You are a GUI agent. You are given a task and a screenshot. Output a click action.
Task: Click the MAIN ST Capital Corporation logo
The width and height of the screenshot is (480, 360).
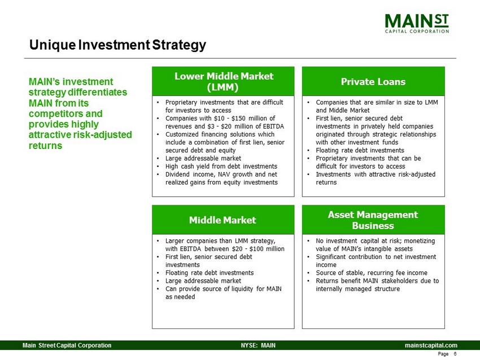(417, 23)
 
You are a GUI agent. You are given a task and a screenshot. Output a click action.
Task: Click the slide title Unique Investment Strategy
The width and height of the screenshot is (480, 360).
(117, 45)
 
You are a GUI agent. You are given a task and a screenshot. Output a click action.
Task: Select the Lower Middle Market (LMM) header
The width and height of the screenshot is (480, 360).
(223, 81)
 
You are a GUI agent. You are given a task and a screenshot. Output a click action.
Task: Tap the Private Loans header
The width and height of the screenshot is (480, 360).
(373, 81)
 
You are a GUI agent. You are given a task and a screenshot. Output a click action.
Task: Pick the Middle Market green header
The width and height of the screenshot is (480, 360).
(223, 220)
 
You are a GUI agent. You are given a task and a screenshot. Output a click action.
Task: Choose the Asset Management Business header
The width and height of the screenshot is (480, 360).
(373, 220)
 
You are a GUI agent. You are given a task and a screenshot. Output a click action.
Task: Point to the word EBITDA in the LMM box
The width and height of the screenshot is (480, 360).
(274, 126)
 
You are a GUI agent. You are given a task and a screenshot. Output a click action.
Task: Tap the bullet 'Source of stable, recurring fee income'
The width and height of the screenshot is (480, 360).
(372, 273)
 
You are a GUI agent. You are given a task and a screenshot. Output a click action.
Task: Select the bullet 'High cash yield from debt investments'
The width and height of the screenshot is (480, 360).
(221, 166)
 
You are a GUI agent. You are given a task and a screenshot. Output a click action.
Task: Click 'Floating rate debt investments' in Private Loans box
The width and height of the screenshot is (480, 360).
(360, 151)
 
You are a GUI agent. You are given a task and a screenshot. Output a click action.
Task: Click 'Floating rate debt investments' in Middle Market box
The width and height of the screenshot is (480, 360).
(210, 273)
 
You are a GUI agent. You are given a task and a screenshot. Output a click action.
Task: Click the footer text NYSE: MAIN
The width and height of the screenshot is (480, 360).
(258, 345)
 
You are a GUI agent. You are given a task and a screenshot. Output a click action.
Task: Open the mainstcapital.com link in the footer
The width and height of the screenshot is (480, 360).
(431, 345)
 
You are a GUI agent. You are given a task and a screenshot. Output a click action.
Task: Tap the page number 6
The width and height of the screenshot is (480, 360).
(455, 354)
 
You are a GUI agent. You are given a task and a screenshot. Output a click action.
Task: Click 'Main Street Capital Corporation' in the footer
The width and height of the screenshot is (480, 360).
(67, 345)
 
